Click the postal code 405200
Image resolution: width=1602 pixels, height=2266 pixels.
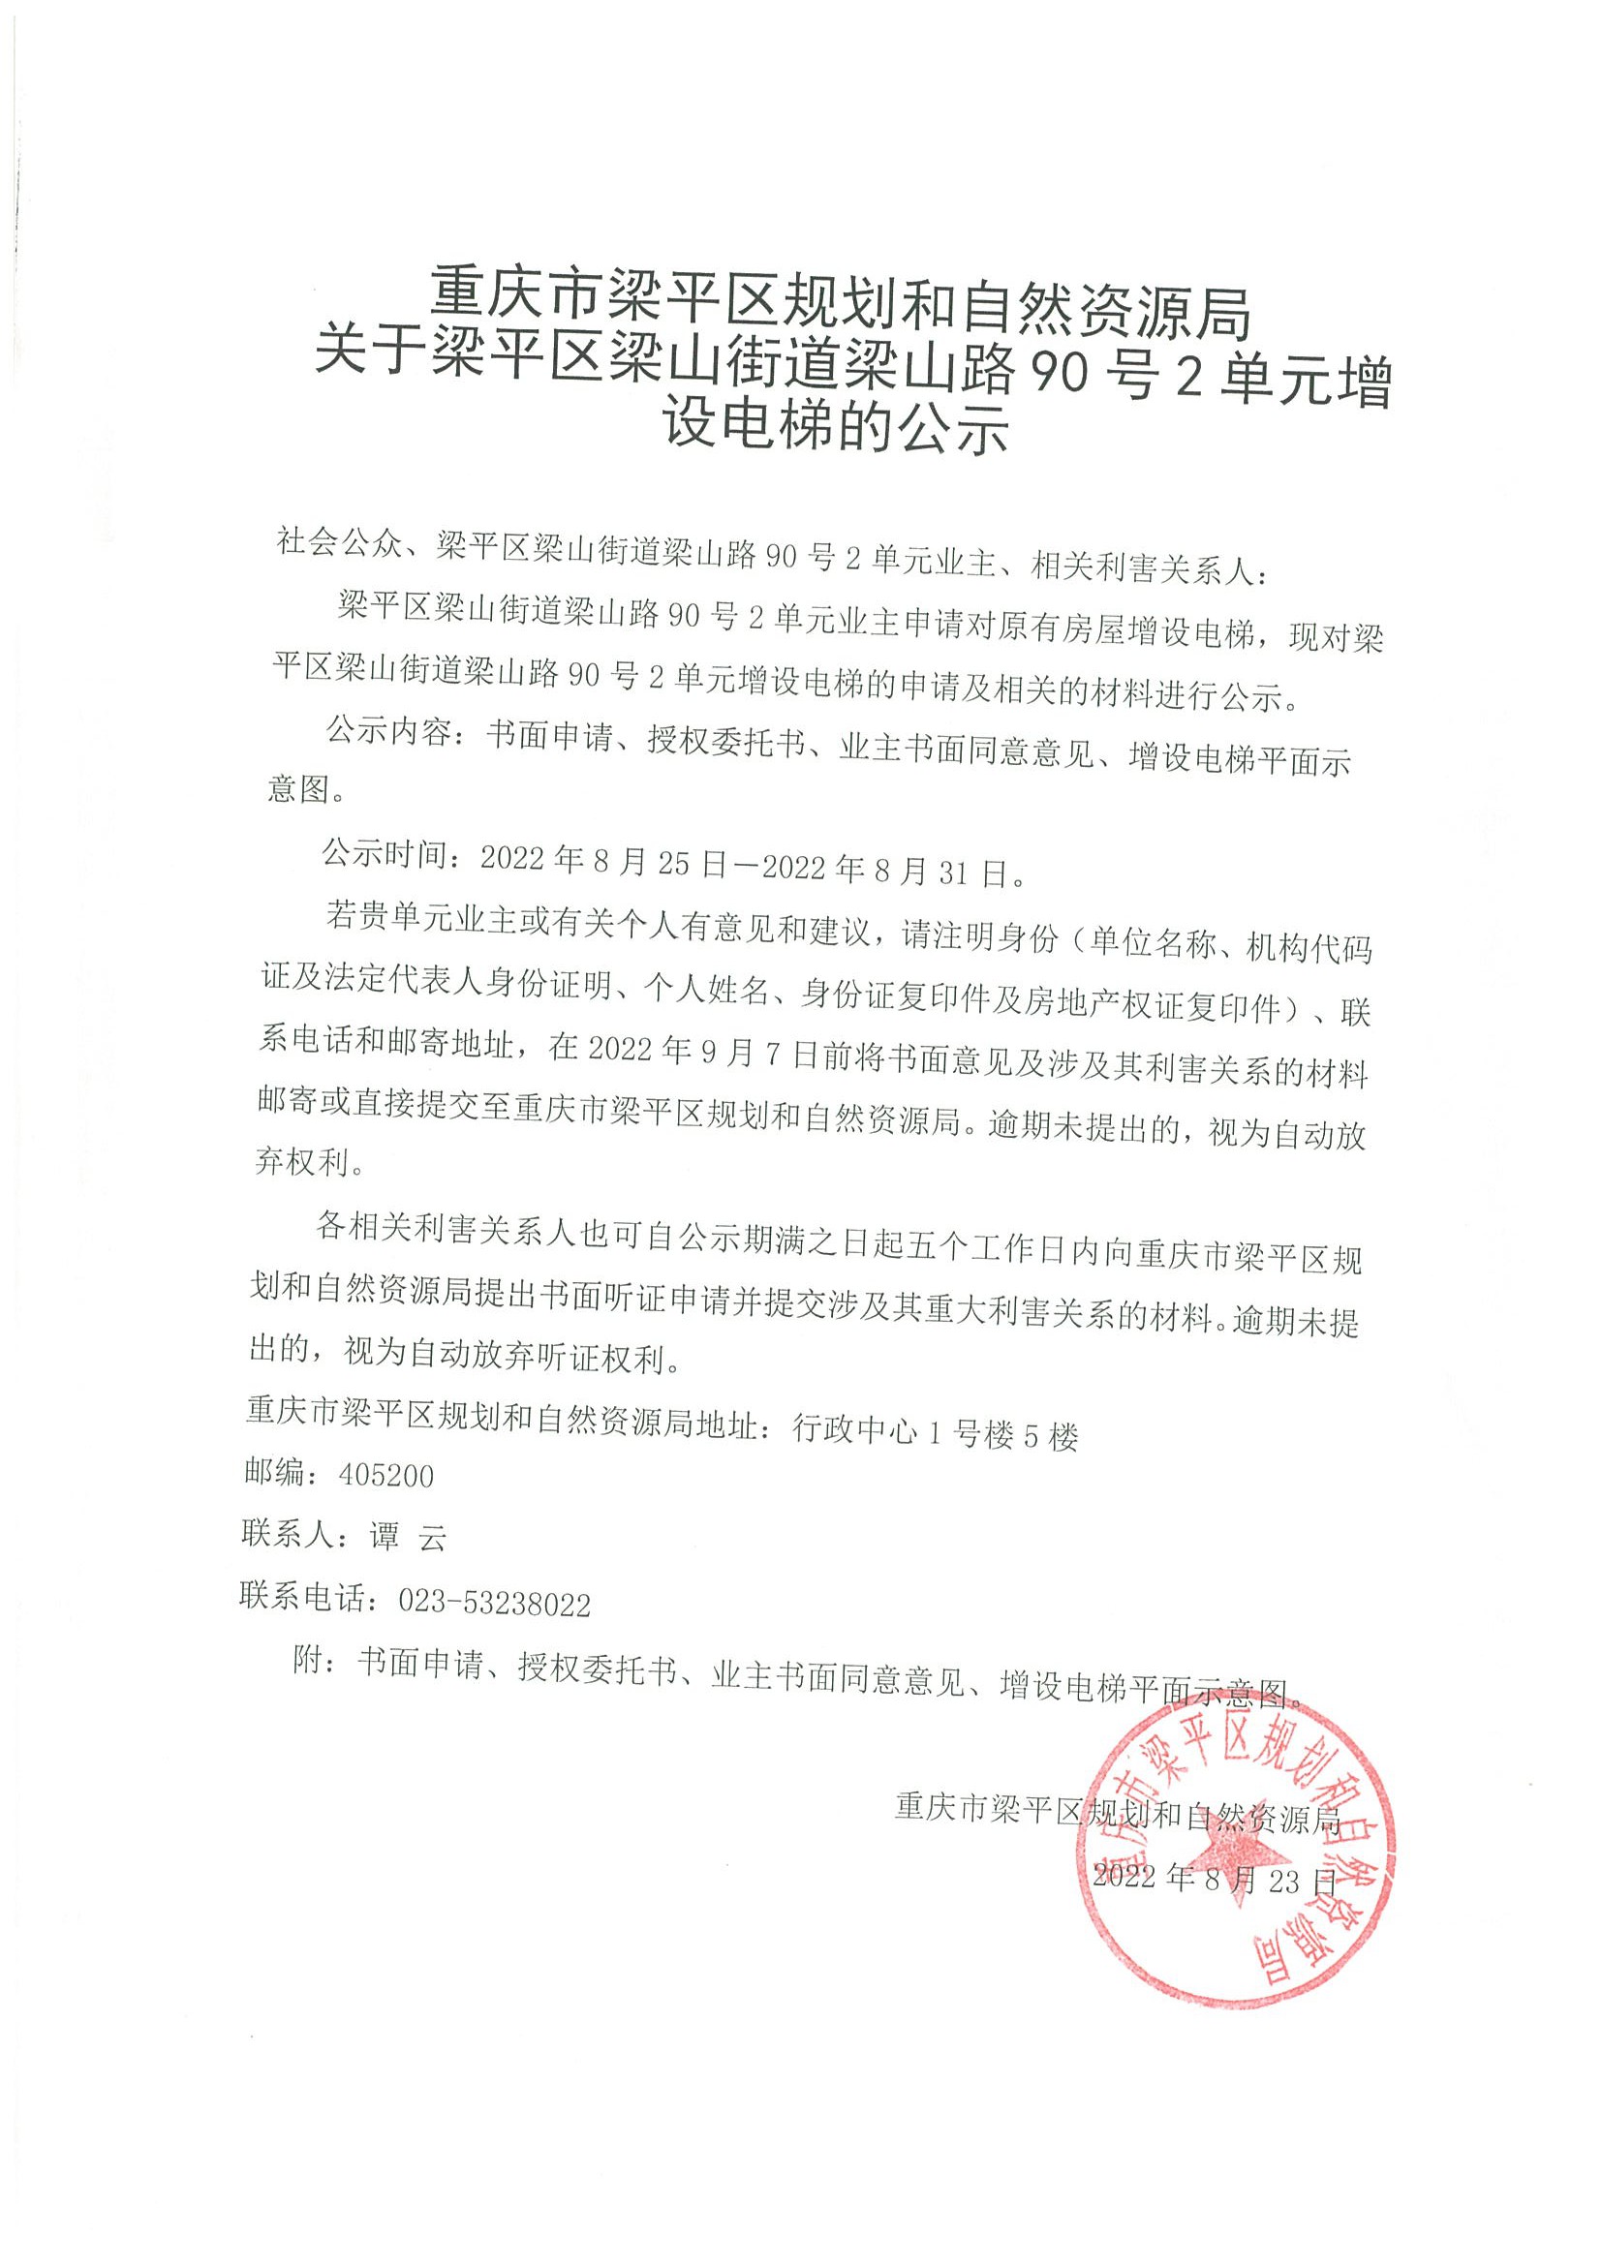(385, 1476)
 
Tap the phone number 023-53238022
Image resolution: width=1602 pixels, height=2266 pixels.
(494, 1604)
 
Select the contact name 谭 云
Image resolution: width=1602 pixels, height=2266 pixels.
(408, 1539)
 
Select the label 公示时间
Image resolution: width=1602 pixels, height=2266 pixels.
(383, 855)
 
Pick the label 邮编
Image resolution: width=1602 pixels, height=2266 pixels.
(273, 1475)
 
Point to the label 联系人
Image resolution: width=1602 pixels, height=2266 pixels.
(287, 1537)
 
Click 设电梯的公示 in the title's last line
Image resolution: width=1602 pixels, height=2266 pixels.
(837, 428)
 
